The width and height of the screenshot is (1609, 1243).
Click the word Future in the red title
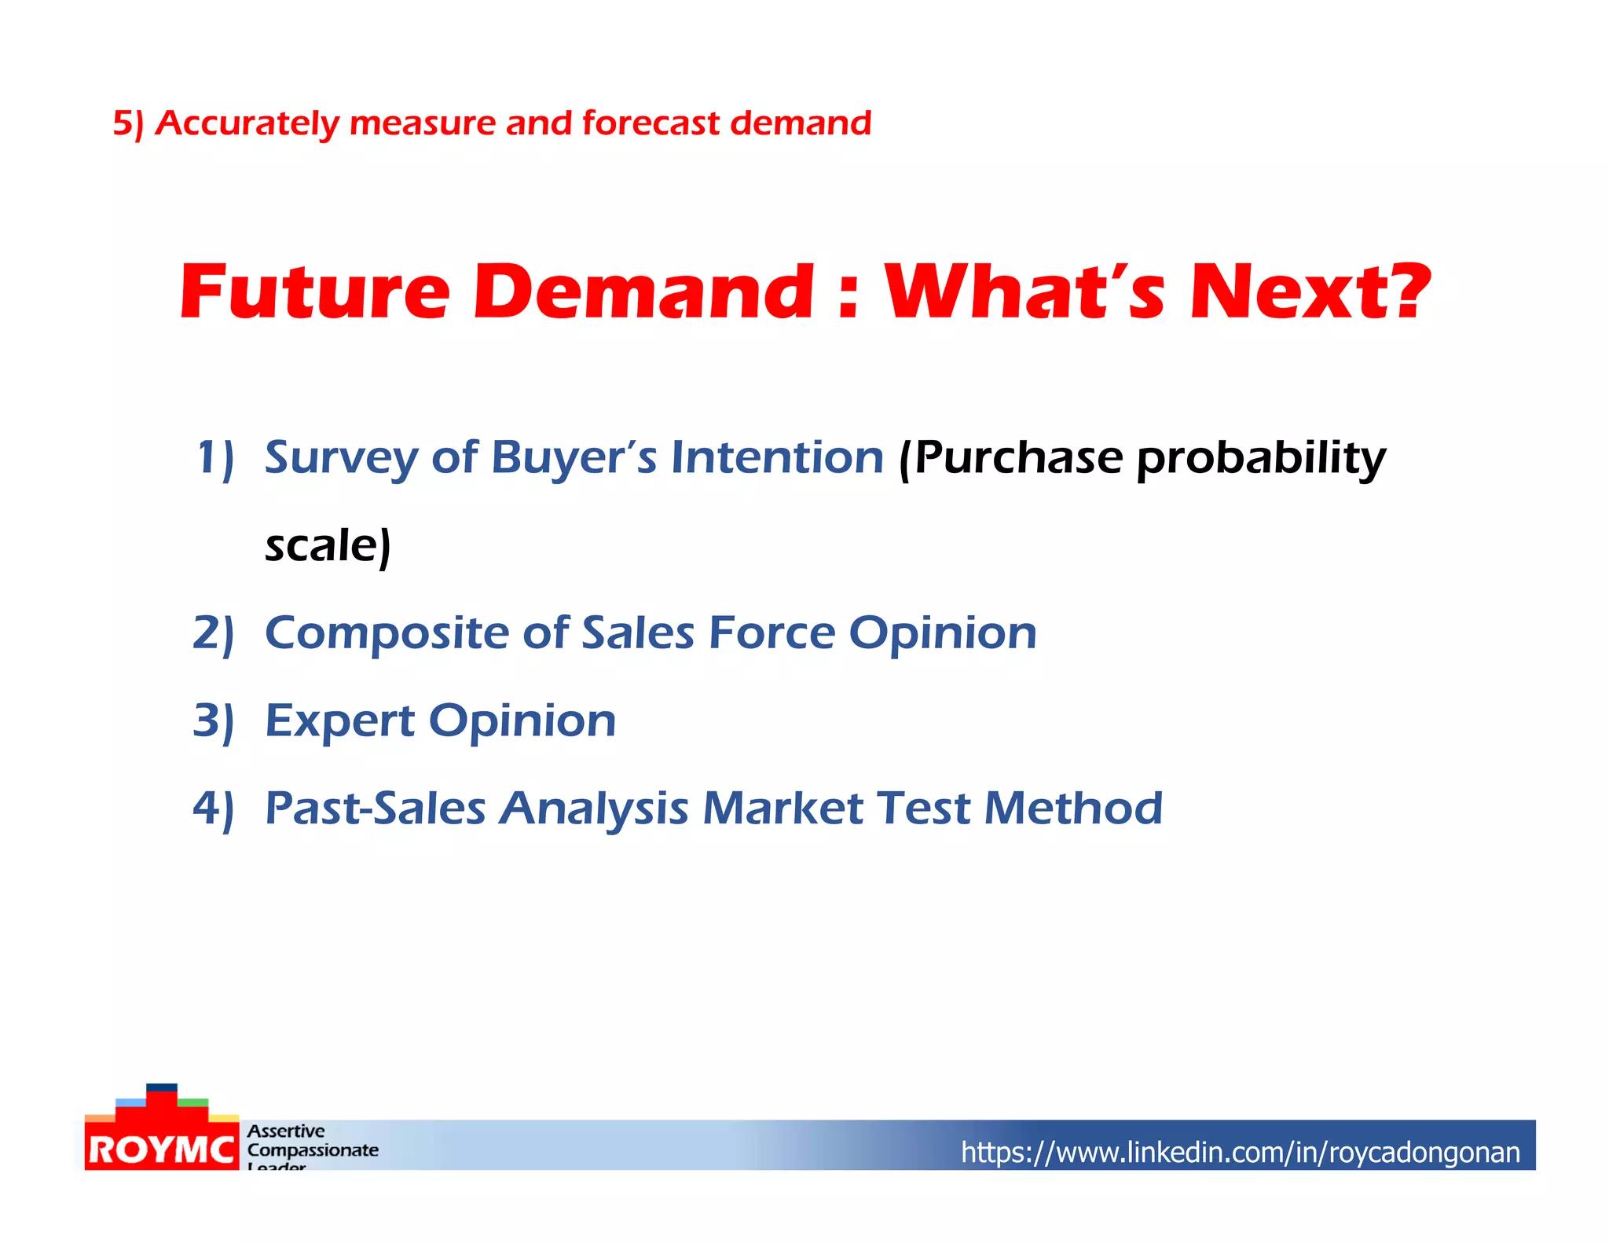[314, 292]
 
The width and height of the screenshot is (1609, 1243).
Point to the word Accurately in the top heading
[247, 123]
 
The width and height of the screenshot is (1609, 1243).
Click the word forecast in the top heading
[651, 123]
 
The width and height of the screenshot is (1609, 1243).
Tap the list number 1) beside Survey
[214, 458]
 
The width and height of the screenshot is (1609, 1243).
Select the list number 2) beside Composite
[214, 633]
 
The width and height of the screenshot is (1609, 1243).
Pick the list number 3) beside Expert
[214, 721]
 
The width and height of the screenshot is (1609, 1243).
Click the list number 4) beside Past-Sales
[214, 808]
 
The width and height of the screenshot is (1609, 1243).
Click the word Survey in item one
[341, 458]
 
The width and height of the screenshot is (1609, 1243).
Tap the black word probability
[1261, 458]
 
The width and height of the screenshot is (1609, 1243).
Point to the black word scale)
[328, 546]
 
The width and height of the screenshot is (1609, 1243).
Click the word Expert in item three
[339, 721]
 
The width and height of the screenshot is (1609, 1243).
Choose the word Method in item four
[1072, 808]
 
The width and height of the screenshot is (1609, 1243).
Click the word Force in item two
[772, 633]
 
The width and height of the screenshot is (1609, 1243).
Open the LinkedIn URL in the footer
[1240, 1153]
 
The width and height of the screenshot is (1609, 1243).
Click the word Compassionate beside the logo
[313, 1150]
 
